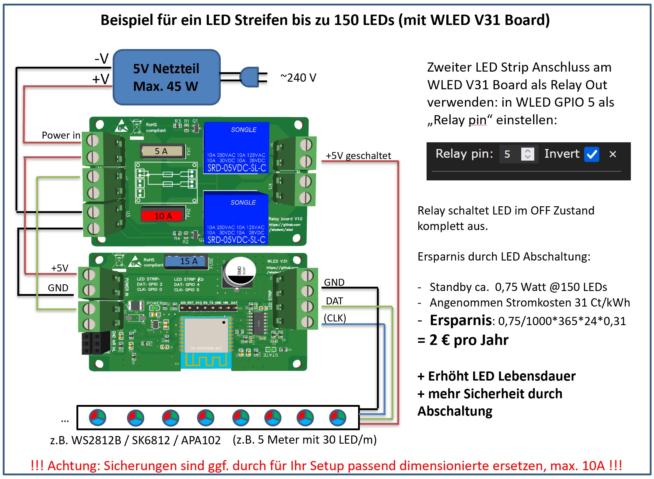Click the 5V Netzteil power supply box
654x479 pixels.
tap(166, 77)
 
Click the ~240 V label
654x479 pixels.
tap(298, 78)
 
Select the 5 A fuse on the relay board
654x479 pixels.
tap(162, 151)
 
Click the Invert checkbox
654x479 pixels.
tap(592, 154)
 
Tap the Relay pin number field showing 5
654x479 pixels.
tap(507, 154)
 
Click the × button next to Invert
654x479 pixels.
tap(613, 154)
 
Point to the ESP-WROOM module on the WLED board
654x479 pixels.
tap(206, 335)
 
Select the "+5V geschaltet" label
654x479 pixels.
tap(358, 156)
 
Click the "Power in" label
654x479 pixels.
tap(61, 135)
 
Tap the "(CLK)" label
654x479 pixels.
tap(335, 318)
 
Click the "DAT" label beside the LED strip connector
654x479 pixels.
tap(334, 301)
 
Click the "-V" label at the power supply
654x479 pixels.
tap(102, 58)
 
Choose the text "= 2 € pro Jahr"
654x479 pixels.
tap(463, 340)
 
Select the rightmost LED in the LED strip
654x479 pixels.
tap(338, 417)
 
